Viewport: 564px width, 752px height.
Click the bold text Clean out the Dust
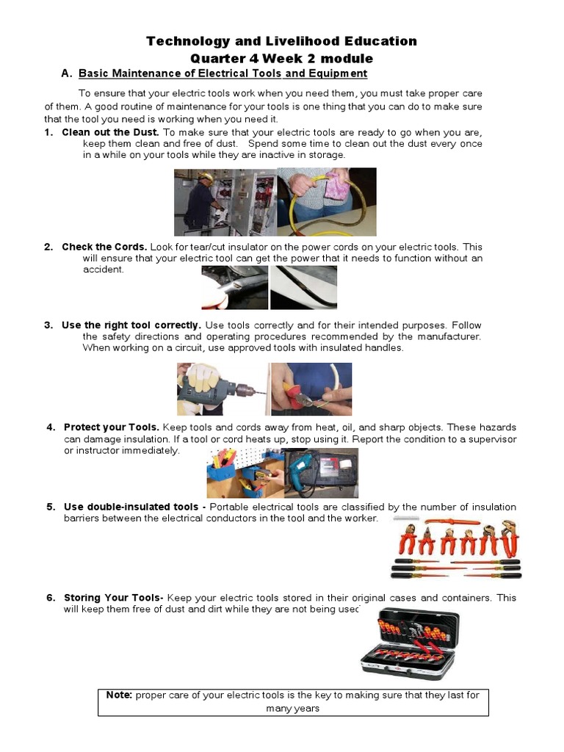coord(110,132)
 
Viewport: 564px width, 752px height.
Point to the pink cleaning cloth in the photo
coord(338,185)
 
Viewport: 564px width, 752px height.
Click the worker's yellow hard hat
coord(206,176)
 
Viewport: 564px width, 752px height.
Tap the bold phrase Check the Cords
coord(104,247)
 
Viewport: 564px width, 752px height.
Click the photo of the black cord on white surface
coord(303,288)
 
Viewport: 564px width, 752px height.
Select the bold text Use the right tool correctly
coord(131,325)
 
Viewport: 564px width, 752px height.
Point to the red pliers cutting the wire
coord(295,394)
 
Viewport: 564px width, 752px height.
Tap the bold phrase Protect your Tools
coord(112,427)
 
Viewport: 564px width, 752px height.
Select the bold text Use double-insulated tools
coord(131,507)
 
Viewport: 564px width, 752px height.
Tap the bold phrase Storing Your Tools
coord(114,598)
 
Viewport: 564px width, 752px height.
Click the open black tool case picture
coord(410,643)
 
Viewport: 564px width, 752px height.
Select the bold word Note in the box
coord(119,695)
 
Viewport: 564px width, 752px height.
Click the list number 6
coord(51,598)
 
